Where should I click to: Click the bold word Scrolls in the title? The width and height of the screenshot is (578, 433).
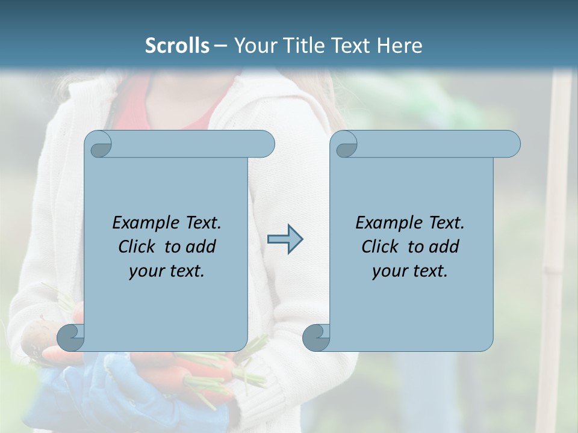177,46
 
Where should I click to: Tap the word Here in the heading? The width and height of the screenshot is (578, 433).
400,46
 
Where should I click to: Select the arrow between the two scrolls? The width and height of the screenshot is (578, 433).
285,239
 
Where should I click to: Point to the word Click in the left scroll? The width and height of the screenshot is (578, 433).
138,247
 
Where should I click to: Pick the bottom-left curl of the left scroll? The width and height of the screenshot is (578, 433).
71,337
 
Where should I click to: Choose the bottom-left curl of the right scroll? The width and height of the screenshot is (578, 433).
316,337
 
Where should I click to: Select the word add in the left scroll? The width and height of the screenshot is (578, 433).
201,247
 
